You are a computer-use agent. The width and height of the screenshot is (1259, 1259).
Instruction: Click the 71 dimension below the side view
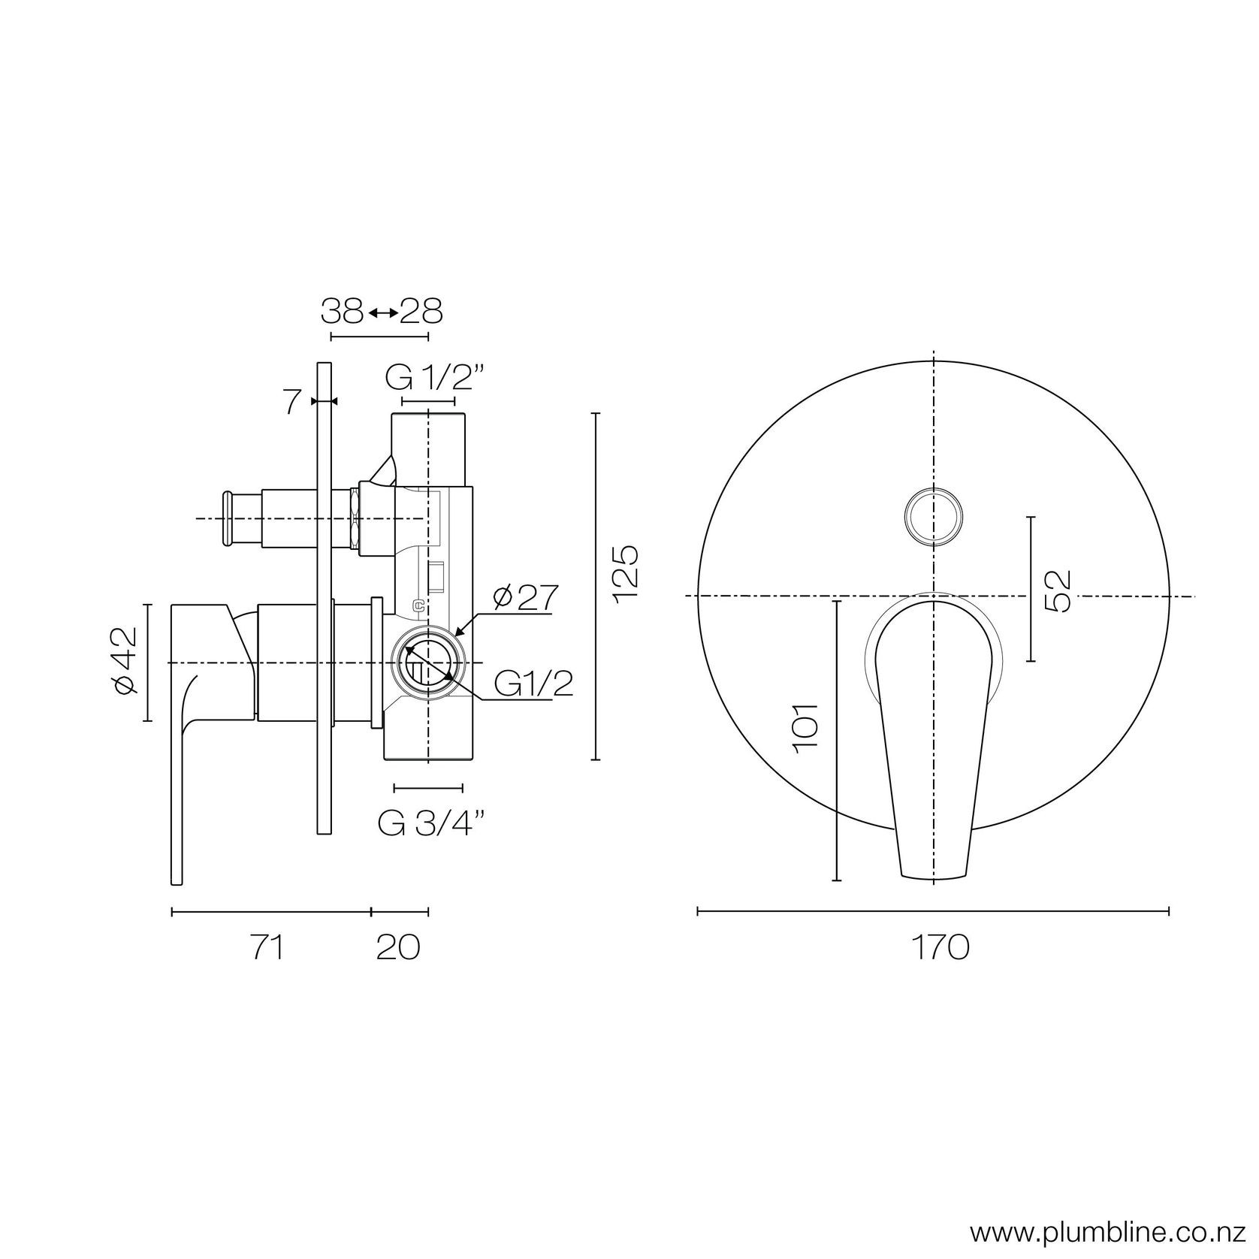coord(268,948)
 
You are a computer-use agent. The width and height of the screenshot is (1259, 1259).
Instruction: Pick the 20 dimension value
coord(397,948)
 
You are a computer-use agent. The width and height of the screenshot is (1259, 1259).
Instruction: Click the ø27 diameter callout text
coord(525,599)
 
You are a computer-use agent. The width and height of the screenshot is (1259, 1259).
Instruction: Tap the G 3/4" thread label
coord(430,824)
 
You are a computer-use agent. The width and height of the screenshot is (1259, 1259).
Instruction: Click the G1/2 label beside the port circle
coord(533,684)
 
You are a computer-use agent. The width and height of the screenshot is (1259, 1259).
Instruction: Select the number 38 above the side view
coord(343,311)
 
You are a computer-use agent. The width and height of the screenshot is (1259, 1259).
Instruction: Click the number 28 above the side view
coord(421,311)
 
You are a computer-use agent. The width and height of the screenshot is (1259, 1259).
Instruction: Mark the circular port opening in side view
coord(427,662)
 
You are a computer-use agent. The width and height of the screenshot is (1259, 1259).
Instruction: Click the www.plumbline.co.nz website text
coord(1113,1232)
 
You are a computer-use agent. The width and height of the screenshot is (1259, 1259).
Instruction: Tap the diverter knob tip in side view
coord(226,518)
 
